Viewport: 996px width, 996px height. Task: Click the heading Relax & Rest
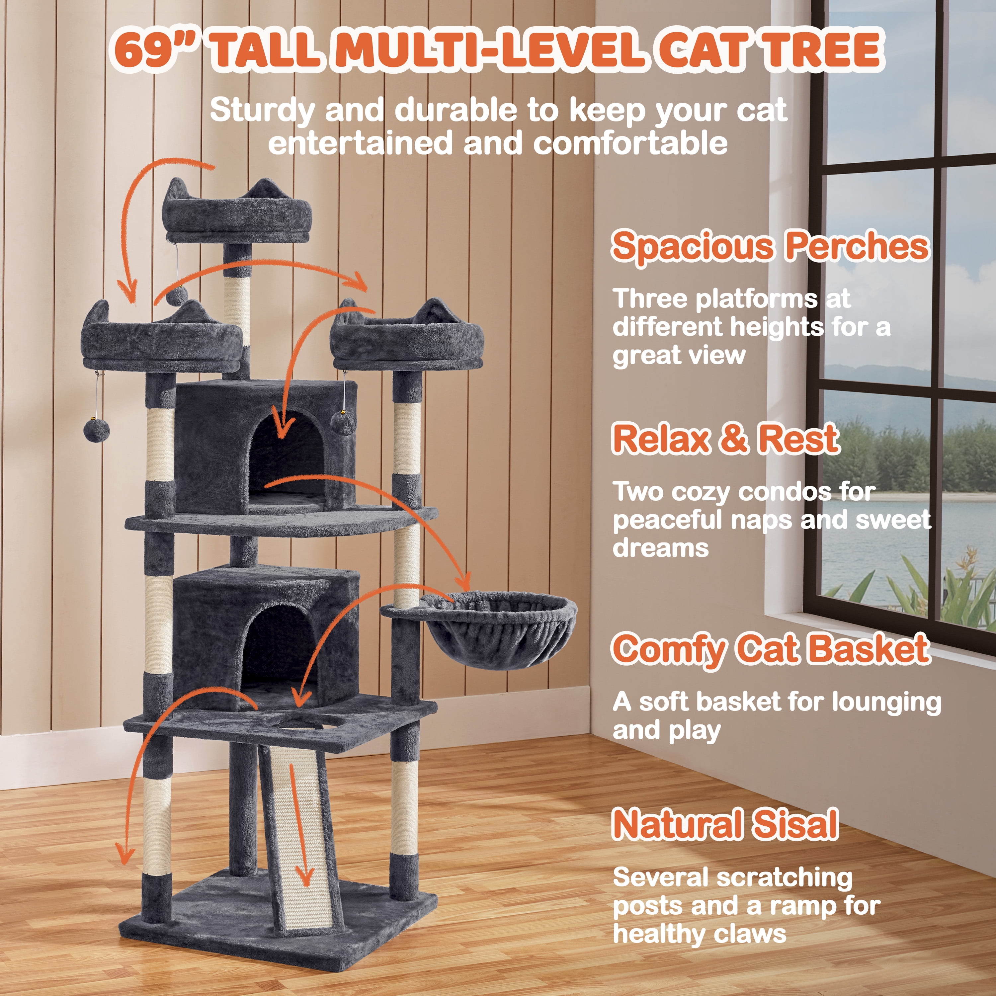[726, 439]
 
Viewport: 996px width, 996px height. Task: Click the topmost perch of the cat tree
[237, 211]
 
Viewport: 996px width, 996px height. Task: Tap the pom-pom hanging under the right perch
[343, 422]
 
